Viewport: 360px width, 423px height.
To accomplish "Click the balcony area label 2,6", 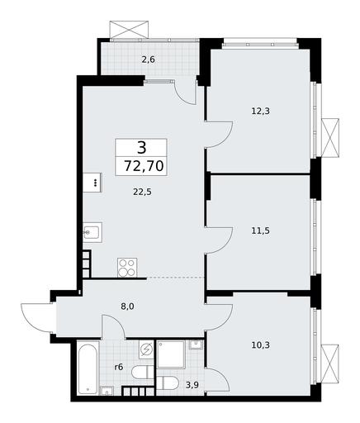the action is (148, 59).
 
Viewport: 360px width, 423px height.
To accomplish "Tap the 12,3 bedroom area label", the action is (260, 112).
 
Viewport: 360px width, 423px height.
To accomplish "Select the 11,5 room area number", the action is (260, 231).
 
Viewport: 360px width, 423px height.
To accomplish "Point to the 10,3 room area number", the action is (260, 345).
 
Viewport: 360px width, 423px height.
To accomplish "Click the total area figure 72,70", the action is (144, 166).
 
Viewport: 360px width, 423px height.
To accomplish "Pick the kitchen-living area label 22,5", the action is (142, 192).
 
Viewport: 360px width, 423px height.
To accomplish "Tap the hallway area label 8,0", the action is (127, 306).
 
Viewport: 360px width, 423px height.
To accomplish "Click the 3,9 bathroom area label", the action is (192, 385).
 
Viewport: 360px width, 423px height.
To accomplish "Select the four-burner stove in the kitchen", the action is (127, 268).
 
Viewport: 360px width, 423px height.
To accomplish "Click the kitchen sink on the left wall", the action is (92, 232).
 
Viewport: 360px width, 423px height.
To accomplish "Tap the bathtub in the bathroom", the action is (88, 368).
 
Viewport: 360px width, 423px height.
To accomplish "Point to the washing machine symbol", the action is (146, 349).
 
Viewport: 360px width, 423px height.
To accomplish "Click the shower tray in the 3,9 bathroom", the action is (171, 354).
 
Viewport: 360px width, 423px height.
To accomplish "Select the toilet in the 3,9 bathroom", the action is (168, 383).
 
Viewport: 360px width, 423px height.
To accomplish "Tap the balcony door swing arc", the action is (185, 93).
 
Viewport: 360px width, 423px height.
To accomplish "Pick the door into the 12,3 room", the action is (219, 135).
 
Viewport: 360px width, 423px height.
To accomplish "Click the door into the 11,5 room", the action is (219, 240).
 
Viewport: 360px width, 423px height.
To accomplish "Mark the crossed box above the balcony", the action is (130, 29).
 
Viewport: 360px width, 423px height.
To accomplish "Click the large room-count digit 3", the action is (142, 147).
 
